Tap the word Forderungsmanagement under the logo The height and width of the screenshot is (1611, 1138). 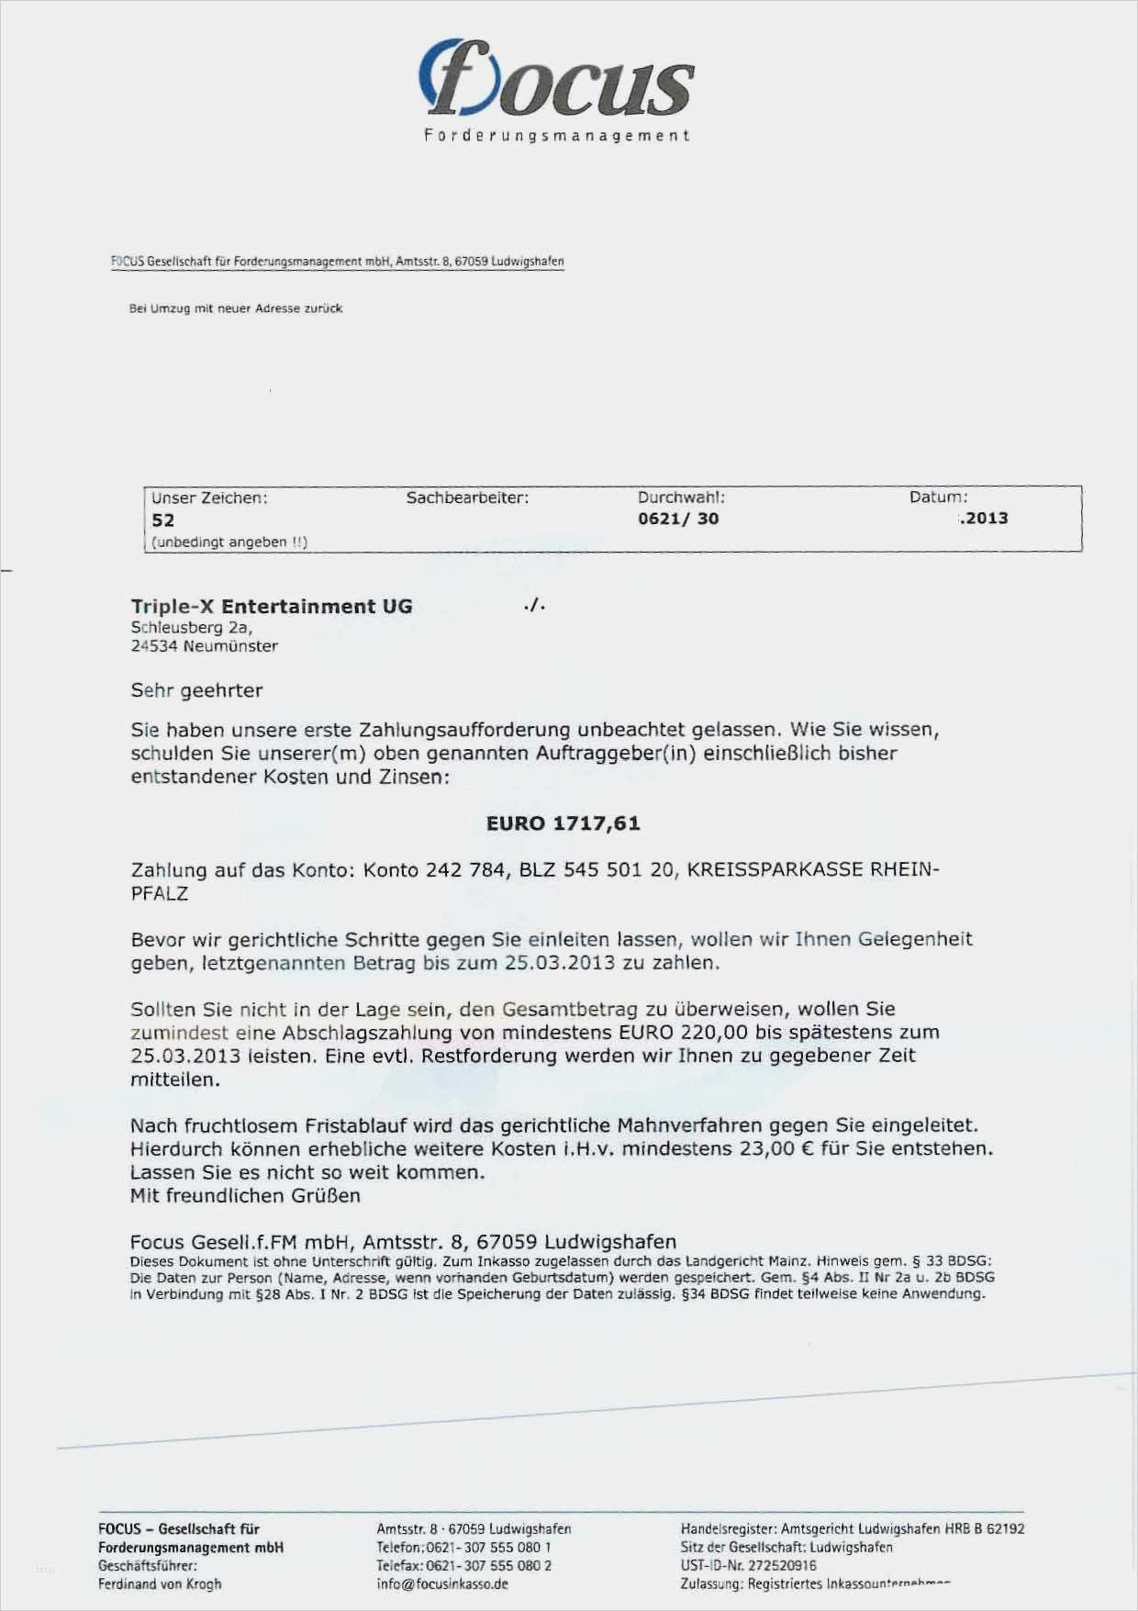pyautogui.click(x=556, y=136)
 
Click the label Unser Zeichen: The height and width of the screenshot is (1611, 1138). pyautogui.click(x=209, y=498)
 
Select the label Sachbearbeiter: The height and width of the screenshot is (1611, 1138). pyautogui.click(x=467, y=498)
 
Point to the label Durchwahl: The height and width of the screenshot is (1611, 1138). pyautogui.click(x=681, y=498)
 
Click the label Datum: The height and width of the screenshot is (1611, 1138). pyautogui.click(x=938, y=498)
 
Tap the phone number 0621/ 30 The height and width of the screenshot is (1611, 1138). pyautogui.click(x=678, y=519)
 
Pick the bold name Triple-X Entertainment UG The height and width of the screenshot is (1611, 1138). pyautogui.click(x=272, y=607)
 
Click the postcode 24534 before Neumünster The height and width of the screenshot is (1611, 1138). pyautogui.click(x=153, y=646)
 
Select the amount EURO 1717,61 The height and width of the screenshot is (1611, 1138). pyautogui.click(x=563, y=823)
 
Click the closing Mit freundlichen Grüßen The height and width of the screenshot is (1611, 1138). pyautogui.click(x=245, y=1196)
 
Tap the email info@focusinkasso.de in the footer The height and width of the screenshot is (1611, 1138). pyautogui.click(x=441, y=1583)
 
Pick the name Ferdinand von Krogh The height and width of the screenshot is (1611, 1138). pyautogui.click(x=160, y=1583)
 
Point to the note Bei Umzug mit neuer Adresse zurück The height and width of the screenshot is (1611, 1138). pyautogui.click(x=236, y=309)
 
